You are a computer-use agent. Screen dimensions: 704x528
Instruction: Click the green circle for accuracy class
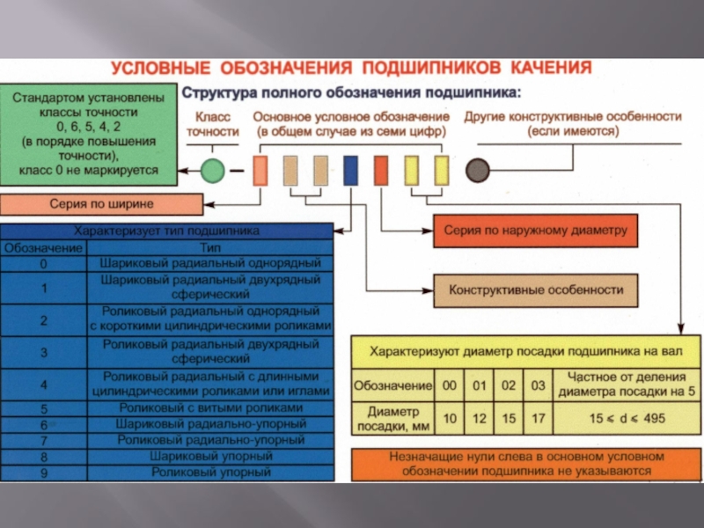tap(212, 171)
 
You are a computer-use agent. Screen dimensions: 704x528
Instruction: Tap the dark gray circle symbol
tap(477, 170)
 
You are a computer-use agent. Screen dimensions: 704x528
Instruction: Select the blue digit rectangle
tap(350, 171)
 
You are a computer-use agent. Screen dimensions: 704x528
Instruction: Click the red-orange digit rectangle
tap(381, 171)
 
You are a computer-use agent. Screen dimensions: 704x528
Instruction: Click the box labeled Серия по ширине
tap(102, 204)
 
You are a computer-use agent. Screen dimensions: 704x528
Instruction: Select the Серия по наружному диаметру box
tap(536, 231)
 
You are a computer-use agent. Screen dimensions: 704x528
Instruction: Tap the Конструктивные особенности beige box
tap(536, 290)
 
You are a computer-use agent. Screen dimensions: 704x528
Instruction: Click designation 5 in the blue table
tap(43, 409)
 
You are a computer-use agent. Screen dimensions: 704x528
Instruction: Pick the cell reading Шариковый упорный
tap(210, 457)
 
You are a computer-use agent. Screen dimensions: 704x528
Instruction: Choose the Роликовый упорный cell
tap(210, 473)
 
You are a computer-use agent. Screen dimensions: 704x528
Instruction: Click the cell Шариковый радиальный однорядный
tap(210, 263)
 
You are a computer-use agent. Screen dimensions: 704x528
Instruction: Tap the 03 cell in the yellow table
tap(538, 385)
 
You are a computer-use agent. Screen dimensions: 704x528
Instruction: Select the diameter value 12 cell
tap(479, 419)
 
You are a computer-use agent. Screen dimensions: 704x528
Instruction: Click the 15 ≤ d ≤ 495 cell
tap(627, 419)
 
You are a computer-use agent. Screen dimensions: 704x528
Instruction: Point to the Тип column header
tap(210, 248)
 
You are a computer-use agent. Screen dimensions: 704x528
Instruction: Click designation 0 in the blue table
tap(43, 263)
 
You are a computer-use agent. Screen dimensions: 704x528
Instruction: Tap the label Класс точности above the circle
tap(212, 124)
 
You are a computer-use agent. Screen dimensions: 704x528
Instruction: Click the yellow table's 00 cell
tap(450, 385)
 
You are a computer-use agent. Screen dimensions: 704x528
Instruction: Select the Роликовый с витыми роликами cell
tap(210, 409)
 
